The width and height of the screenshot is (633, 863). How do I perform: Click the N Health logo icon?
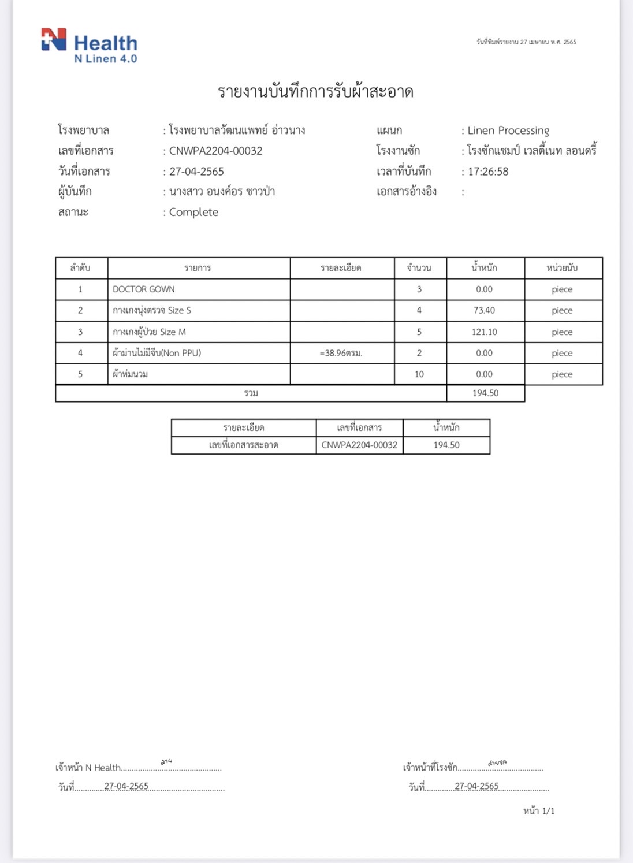pyautogui.click(x=54, y=40)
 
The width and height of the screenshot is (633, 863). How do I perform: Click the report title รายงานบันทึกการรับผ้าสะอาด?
pyautogui.click(x=315, y=92)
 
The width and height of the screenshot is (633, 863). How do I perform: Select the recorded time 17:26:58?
pyautogui.click(x=488, y=172)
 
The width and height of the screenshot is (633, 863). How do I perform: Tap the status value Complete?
pyautogui.click(x=193, y=212)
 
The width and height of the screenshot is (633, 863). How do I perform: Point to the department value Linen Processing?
pyautogui.click(x=508, y=131)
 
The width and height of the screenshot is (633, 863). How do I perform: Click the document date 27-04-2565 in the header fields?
pyautogui.click(x=196, y=172)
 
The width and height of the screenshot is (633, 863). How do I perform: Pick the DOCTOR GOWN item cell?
pyautogui.click(x=144, y=289)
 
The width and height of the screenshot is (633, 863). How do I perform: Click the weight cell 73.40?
pyautogui.click(x=484, y=310)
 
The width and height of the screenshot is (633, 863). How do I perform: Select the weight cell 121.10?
pyautogui.click(x=484, y=332)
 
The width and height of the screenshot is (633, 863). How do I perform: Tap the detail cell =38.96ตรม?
pyautogui.click(x=341, y=353)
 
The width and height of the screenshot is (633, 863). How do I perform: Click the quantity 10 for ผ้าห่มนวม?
pyautogui.click(x=419, y=374)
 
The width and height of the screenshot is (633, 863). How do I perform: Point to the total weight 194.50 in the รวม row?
pyautogui.click(x=485, y=393)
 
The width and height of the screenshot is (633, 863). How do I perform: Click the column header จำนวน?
pyautogui.click(x=419, y=268)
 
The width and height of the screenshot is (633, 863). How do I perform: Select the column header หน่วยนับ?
pyautogui.click(x=562, y=268)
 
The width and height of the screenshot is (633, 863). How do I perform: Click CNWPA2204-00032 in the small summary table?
pyautogui.click(x=359, y=445)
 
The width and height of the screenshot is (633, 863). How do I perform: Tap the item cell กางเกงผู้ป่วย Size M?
pyautogui.click(x=150, y=332)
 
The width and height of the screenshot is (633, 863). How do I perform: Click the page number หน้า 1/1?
pyautogui.click(x=539, y=811)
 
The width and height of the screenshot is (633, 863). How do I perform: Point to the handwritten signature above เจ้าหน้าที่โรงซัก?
pyautogui.click(x=497, y=763)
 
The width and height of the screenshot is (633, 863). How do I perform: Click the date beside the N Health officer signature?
pyautogui.click(x=126, y=786)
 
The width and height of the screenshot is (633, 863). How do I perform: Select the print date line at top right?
pyautogui.click(x=526, y=42)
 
